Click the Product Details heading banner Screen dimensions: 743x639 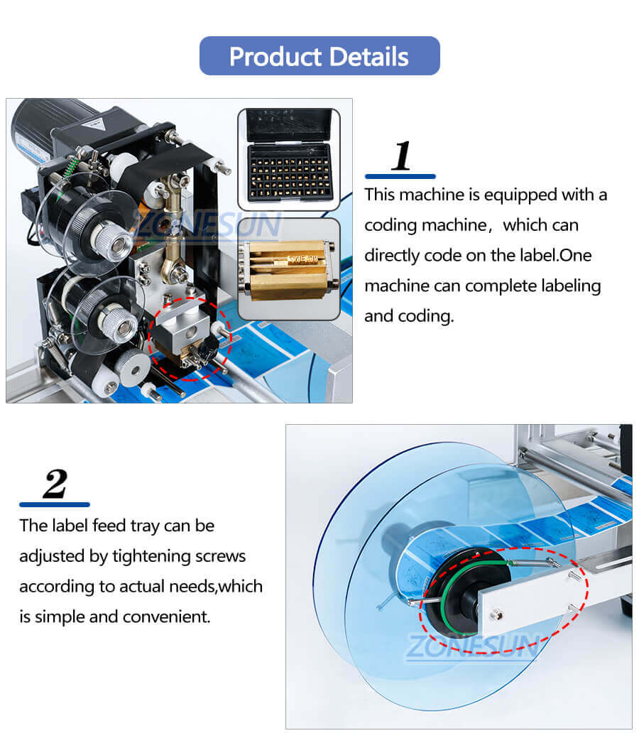[x=319, y=56]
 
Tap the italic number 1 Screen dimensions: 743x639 [x=402, y=156]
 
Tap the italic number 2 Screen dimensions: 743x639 [x=55, y=484]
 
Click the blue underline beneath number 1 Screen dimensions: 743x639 [x=400, y=176]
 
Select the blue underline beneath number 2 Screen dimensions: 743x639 [x=55, y=504]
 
